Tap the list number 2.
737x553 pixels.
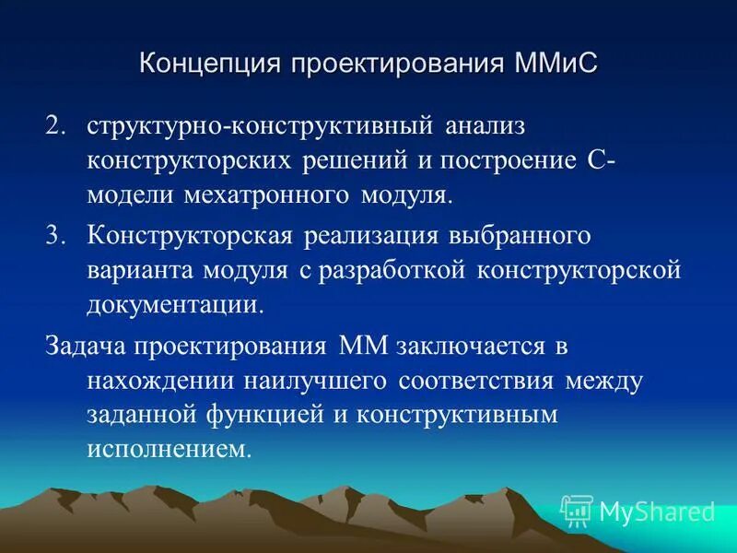click(56, 124)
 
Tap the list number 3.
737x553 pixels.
click(56, 234)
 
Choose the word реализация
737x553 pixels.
click(369, 234)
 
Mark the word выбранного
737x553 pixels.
click(519, 234)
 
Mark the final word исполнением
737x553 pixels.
click(169, 451)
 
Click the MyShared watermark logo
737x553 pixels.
click(638, 510)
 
